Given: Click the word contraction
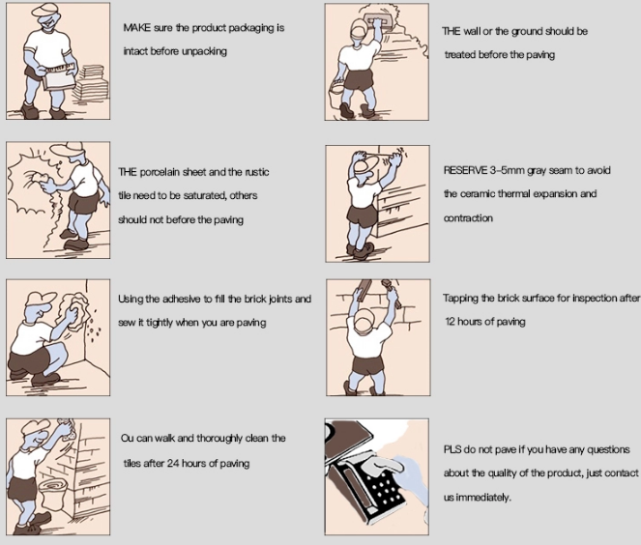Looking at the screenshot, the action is [468, 217].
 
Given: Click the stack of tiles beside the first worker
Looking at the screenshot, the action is [91, 85].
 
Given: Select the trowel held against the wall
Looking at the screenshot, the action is [375, 21].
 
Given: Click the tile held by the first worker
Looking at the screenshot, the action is [58, 79].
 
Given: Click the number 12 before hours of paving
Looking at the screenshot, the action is [450, 322].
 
